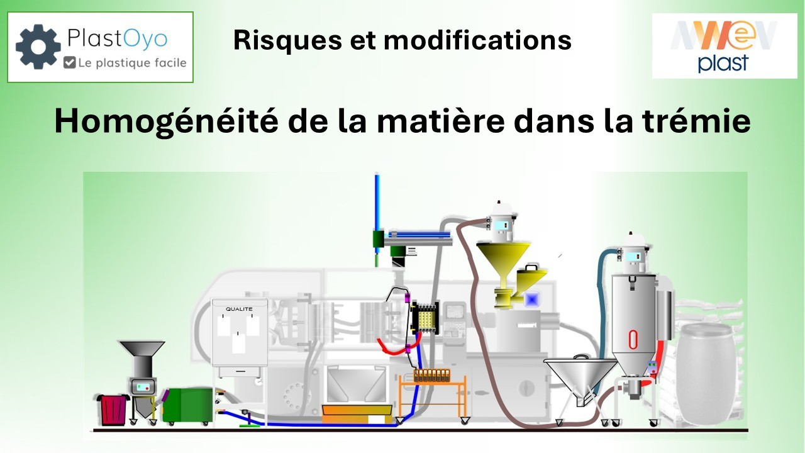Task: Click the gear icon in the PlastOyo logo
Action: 38,47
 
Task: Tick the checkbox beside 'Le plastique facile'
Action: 70,63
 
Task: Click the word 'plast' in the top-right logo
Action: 723,63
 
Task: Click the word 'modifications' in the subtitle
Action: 477,40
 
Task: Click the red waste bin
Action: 113,410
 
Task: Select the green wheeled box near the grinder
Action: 187,406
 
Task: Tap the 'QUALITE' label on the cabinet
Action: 239,309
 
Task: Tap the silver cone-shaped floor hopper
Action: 579,377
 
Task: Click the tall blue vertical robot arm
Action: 377,208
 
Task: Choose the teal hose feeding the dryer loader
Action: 606,289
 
